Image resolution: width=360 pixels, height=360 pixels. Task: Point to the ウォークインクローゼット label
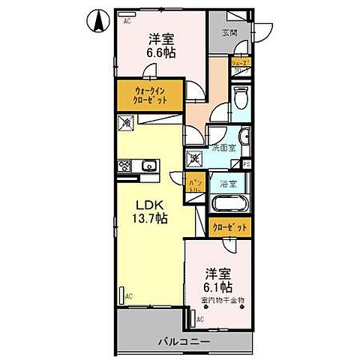pyautogui.click(x=148, y=95)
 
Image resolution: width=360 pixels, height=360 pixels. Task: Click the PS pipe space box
pyautogui.click(x=245, y=164)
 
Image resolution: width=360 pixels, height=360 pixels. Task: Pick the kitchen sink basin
pyautogui.click(x=148, y=166)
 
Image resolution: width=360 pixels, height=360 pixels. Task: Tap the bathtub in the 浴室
pyautogui.click(x=230, y=204)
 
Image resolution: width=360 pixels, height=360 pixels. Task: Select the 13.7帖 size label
pyautogui.click(x=151, y=218)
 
